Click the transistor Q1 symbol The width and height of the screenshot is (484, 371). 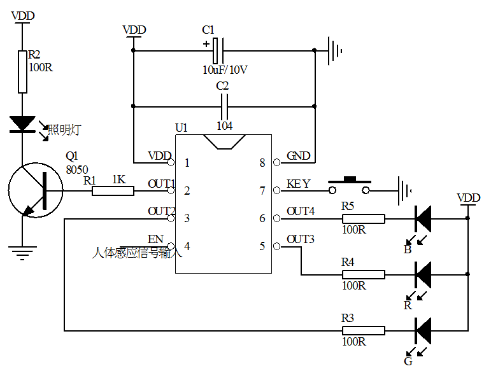[x=36, y=190]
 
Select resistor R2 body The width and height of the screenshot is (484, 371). [x=22, y=71]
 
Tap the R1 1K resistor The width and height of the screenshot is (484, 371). [x=113, y=190]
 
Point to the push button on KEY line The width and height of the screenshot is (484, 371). [x=349, y=186]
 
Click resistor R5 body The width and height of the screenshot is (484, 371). [x=364, y=219]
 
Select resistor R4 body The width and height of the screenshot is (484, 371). [x=364, y=274]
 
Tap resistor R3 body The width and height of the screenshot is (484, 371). [x=364, y=330]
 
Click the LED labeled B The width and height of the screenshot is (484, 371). [x=423, y=219]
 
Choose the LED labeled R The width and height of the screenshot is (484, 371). [x=423, y=274]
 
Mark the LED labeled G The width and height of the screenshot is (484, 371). [x=423, y=330]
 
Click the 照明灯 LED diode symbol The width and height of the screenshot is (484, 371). [x=22, y=123]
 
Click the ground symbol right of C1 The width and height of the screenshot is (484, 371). [x=336, y=50]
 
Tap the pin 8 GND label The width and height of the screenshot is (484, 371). [x=298, y=156]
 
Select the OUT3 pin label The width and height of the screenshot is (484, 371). [x=301, y=239]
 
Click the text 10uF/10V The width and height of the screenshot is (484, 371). [x=225, y=70]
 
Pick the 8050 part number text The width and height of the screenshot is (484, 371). [x=78, y=170]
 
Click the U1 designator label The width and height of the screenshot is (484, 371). [x=181, y=128]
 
